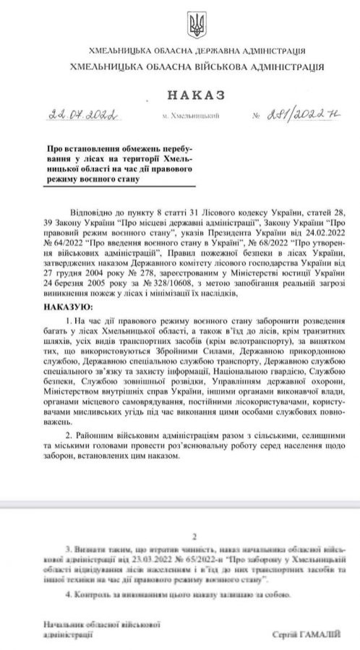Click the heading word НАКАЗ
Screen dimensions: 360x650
tap(196, 95)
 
